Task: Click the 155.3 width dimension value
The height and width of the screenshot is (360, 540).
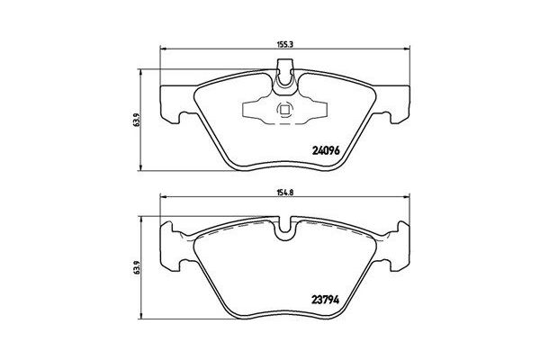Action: point(287,40)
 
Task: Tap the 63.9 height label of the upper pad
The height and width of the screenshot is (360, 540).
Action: point(137,119)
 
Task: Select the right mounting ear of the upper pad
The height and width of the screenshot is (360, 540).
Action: point(401,103)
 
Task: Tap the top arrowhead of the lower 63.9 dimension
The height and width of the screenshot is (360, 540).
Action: point(144,217)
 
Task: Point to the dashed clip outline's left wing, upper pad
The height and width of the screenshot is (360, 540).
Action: point(251,112)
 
